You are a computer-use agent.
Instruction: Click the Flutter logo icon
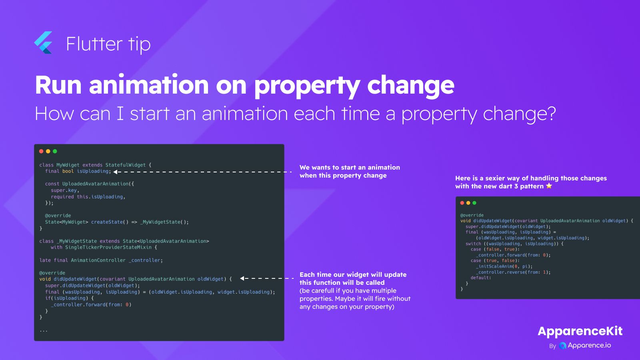(x=44, y=42)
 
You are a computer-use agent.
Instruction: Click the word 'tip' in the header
(x=139, y=44)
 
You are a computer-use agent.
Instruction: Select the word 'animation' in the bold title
(x=149, y=85)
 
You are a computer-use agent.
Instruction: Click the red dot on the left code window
(x=41, y=151)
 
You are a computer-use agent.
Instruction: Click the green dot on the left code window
(x=55, y=151)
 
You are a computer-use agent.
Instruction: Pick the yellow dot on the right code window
(x=468, y=203)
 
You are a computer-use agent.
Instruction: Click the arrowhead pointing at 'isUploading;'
(x=115, y=172)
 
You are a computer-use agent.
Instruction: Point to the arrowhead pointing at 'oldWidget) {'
(x=242, y=278)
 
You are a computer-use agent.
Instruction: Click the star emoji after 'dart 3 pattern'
(x=549, y=186)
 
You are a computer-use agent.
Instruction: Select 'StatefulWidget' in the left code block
(x=126, y=165)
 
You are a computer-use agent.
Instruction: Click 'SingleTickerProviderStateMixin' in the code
(x=108, y=247)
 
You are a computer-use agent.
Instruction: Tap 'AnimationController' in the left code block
(x=98, y=260)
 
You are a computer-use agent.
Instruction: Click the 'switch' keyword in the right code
(x=473, y=244)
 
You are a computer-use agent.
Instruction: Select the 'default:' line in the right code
(x=481, y=278)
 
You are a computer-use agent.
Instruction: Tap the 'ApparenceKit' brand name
(x=580, y=332)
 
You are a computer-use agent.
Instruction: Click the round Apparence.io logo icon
(x=562, y=346)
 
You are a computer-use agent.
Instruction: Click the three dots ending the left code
(x=44, y=331)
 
